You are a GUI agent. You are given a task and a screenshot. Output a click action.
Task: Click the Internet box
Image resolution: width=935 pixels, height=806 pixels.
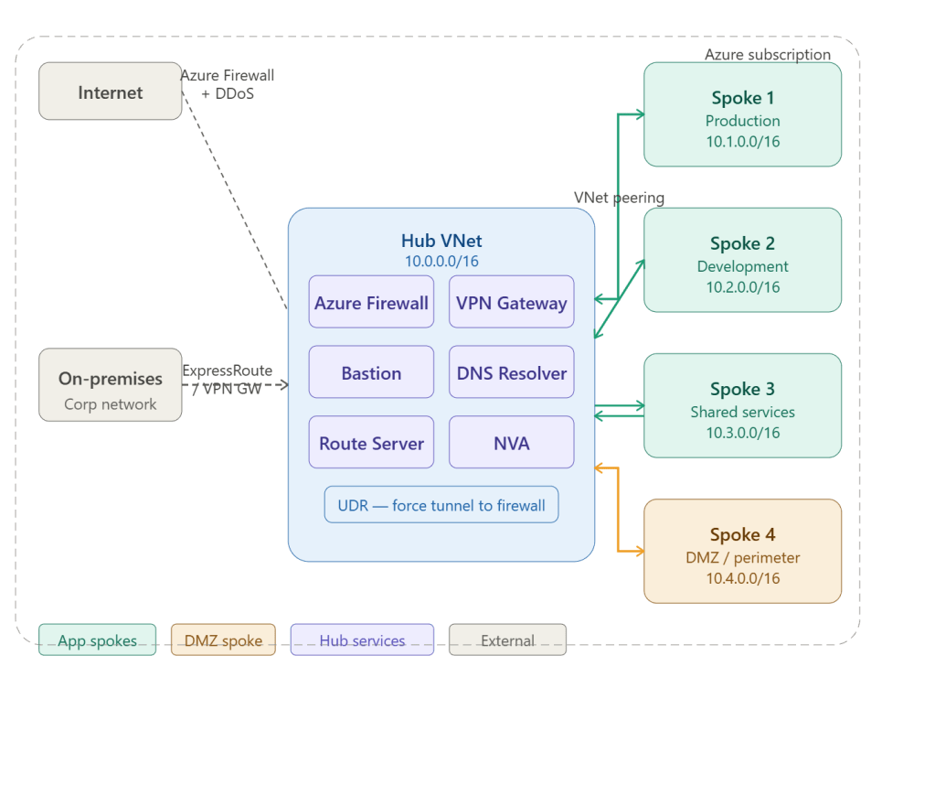110,91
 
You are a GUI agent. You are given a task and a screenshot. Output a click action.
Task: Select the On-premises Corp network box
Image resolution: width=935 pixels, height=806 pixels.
110,385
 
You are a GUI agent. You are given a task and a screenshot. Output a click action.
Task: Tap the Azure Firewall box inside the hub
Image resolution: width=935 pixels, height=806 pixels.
371,302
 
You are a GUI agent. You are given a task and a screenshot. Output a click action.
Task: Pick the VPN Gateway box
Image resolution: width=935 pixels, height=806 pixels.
511,302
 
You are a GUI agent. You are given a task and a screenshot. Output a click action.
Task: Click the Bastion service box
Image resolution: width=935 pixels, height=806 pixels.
371,372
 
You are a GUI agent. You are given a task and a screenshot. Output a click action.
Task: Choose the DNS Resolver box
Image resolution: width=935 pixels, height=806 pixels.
511,372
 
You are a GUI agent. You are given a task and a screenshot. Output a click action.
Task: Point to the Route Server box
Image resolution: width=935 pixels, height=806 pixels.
371,443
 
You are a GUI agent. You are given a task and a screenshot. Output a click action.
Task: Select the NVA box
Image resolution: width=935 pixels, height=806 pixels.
511,443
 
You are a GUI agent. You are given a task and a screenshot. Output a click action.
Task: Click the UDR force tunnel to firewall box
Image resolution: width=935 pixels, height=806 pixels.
441,505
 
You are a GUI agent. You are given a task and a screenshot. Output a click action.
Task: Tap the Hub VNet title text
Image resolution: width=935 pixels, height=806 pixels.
441,242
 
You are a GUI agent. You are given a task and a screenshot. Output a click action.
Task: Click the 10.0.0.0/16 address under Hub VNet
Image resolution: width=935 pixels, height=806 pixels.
441,262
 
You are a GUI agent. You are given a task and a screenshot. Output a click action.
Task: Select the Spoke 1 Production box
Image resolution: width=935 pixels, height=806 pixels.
742,114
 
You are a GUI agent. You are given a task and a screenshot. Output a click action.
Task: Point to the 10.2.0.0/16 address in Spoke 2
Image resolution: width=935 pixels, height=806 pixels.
742,287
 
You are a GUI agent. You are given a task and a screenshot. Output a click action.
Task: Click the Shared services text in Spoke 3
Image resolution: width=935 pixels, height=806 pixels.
742,412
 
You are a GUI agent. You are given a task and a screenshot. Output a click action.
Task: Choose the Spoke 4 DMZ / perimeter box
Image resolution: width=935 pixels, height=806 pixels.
742,551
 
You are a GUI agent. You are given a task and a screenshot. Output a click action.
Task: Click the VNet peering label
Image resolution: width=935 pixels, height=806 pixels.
619,198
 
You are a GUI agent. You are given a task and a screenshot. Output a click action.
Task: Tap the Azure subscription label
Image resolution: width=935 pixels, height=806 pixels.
767,55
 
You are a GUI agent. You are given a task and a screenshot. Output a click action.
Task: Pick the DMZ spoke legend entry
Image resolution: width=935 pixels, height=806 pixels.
223,640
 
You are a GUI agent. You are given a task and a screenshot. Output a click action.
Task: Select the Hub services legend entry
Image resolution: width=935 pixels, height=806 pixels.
362,640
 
